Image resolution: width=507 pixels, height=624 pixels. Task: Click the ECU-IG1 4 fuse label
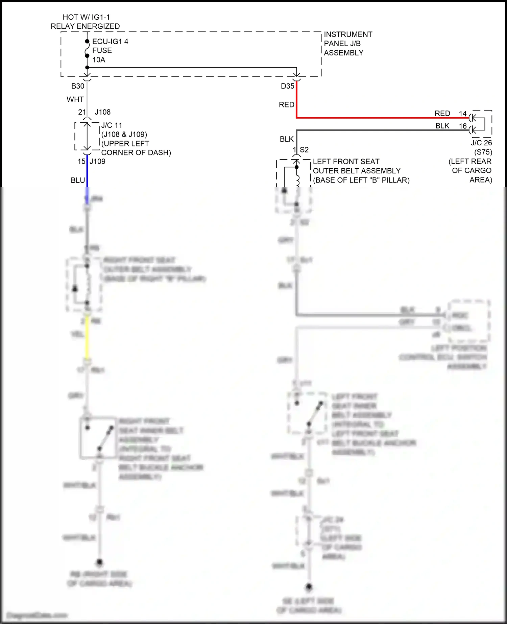110,42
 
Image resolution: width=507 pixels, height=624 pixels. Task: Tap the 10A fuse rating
99,60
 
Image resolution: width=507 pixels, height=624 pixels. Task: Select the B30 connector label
78,86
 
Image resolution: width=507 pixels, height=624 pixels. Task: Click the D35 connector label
288,86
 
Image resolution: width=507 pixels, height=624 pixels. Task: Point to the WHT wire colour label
75,99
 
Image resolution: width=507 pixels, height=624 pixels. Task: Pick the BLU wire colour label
78,181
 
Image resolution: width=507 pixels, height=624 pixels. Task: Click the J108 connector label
103,112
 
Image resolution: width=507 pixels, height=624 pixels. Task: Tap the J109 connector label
98,162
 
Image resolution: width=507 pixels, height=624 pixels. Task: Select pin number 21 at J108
82,112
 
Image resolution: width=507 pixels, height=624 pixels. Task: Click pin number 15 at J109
81,162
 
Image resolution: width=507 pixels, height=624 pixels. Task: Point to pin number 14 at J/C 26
463,114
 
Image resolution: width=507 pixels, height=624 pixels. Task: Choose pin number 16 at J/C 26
463,126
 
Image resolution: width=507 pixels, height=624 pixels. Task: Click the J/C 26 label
481,143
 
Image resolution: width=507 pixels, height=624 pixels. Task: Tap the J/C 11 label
112,125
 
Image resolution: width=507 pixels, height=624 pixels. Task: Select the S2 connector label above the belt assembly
304,150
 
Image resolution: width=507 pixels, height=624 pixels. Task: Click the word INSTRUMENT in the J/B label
348,34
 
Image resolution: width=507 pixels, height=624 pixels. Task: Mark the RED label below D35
287,105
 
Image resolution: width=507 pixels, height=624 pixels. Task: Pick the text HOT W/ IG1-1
86,17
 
